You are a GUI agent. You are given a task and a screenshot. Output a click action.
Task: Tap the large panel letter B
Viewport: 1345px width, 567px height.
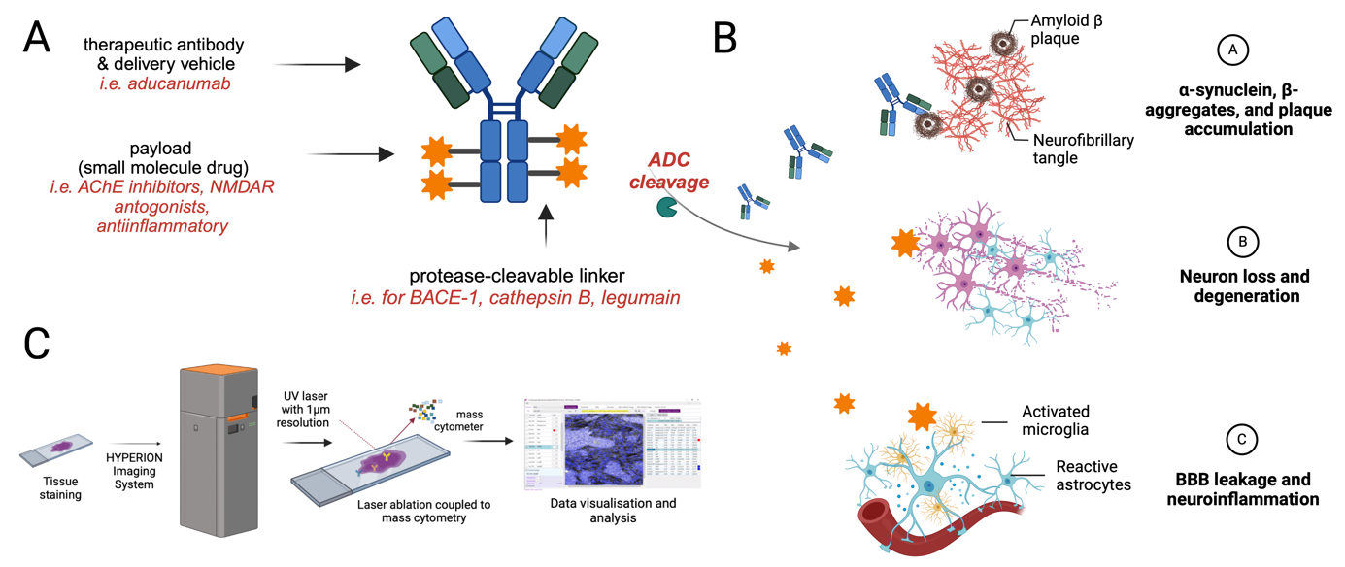725,38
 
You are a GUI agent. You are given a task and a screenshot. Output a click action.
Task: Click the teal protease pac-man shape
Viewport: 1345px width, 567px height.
667,206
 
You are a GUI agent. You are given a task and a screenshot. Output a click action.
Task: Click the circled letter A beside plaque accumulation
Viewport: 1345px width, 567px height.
1232,50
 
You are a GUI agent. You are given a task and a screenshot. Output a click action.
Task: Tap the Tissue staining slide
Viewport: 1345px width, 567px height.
58,448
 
